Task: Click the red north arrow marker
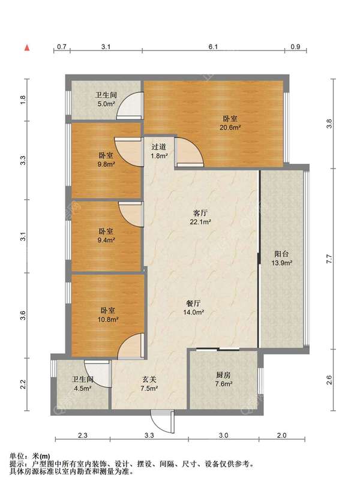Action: [x=28, y=47]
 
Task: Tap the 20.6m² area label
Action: [x=230, y=128]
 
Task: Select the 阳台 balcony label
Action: [x=281, y=254]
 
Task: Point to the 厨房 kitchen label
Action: [x=223, y=375]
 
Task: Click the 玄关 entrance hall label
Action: [x=149, y=380]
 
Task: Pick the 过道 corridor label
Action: [x=159, y=146]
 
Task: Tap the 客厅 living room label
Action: [x=200, y=213]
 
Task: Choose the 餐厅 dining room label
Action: [x=193, y=303]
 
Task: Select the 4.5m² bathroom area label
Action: [x=83, y=389]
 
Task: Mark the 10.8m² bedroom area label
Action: [x=108, y=320]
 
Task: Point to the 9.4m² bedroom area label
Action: [x=106, y=240]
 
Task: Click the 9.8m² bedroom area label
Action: [x=106, y=164]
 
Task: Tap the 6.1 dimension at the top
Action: [x=213, y=47]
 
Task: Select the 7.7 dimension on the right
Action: [x=329, y=259]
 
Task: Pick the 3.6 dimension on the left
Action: [x=23, y=315]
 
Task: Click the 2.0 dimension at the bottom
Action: [x=281, y=435]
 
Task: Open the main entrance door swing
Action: [x=162, y=422]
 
